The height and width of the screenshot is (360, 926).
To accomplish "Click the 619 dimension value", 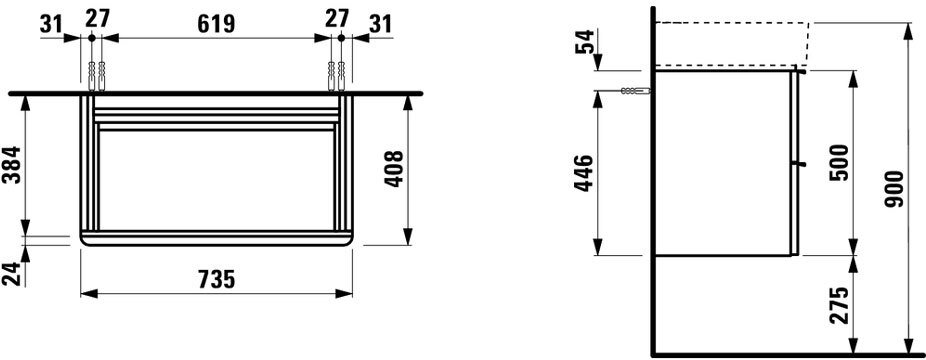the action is coord(216,24).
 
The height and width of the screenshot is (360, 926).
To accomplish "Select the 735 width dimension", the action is coord(216,279).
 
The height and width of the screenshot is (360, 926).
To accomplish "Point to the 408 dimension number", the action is coord(394,169).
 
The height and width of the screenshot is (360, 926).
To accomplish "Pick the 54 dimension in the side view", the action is coord(585,40).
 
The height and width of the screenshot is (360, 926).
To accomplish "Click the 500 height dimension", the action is coord(839,162).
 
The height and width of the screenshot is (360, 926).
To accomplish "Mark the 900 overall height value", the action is coord(895,189).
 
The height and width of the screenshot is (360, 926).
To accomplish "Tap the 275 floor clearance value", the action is coord(839,305).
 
